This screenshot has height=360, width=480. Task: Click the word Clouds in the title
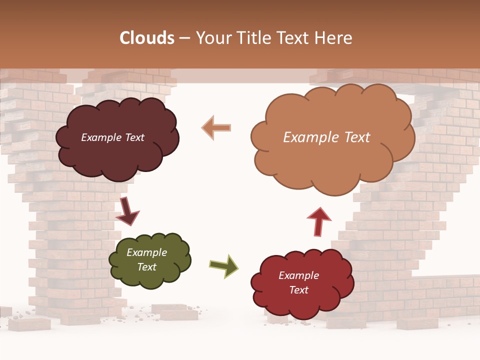click(x=147, y=38)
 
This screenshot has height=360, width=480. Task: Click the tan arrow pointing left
click(x=216, y=127)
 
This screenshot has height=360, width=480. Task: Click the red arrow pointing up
click(x=319, y=220)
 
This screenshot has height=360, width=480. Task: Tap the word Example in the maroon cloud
click(x=98, y=137)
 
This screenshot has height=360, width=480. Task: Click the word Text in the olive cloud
click(x=147, y=267)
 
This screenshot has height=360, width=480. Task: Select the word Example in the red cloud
click(x=298, y=275)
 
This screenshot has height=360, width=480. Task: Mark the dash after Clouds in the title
click(x=184, y=38)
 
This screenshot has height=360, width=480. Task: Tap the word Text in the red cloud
click(x=298, y=290)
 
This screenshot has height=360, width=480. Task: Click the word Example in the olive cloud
click(x=147, y=252)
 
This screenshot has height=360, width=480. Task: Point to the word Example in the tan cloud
click(x=310, y=137)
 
